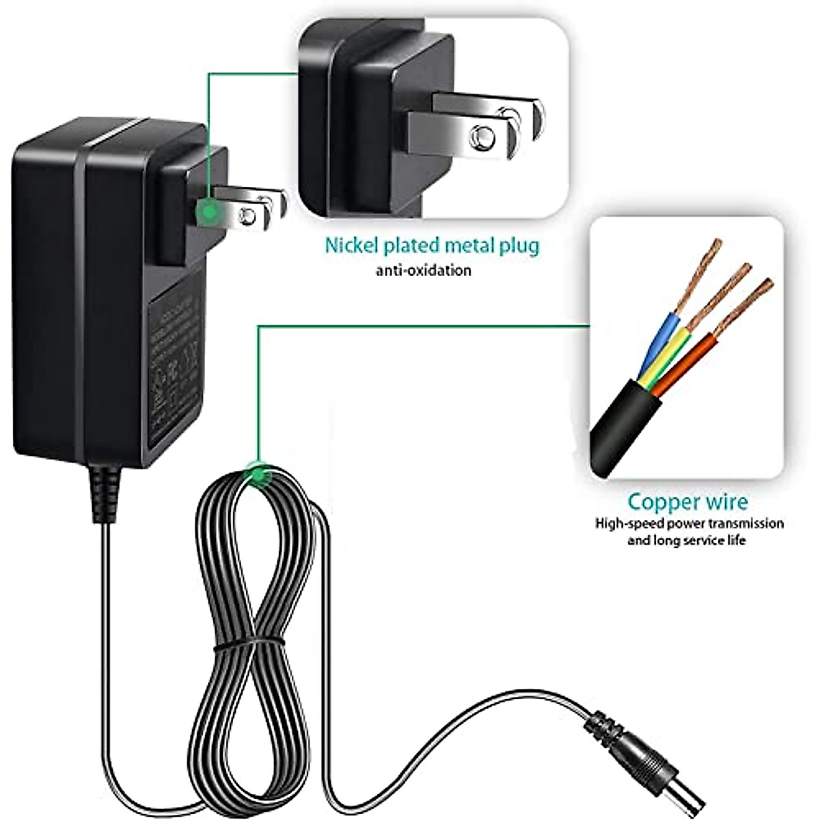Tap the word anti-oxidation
(423, 271)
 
